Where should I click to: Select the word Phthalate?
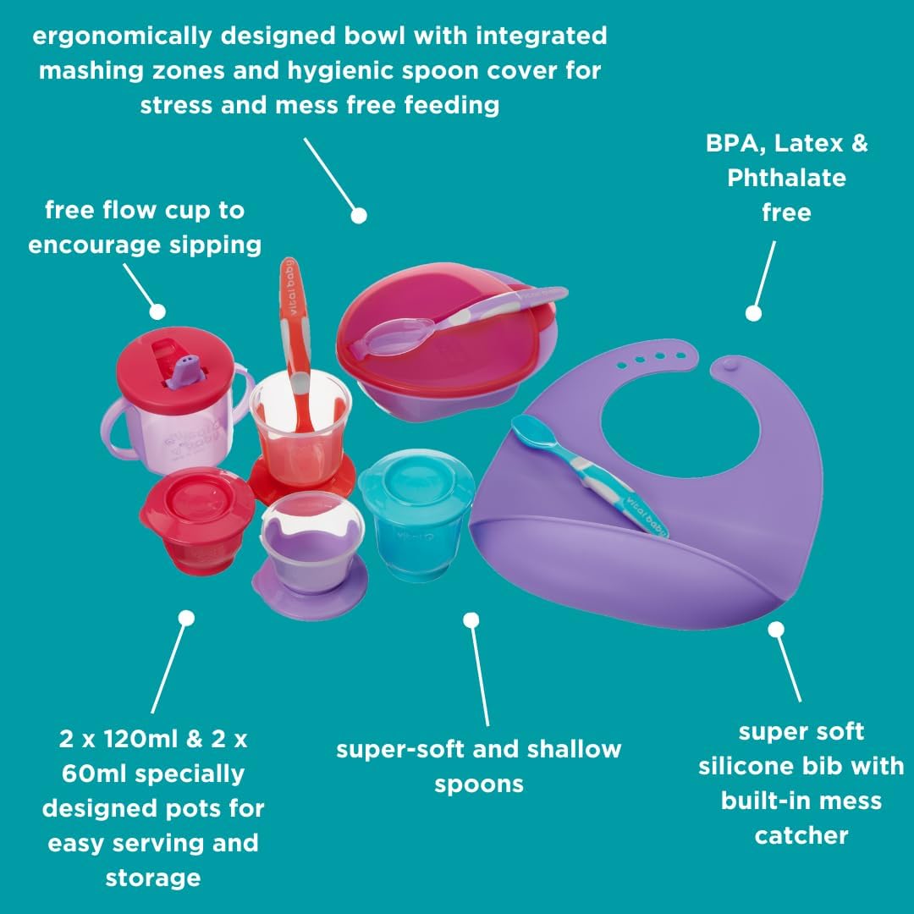[x=786, y=178]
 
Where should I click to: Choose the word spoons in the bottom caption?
[x=479, y=784]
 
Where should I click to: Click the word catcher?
[x=801, y=835]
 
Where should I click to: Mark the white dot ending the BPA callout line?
[x=754, y=313]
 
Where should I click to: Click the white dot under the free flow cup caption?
[x=157, y=311]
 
